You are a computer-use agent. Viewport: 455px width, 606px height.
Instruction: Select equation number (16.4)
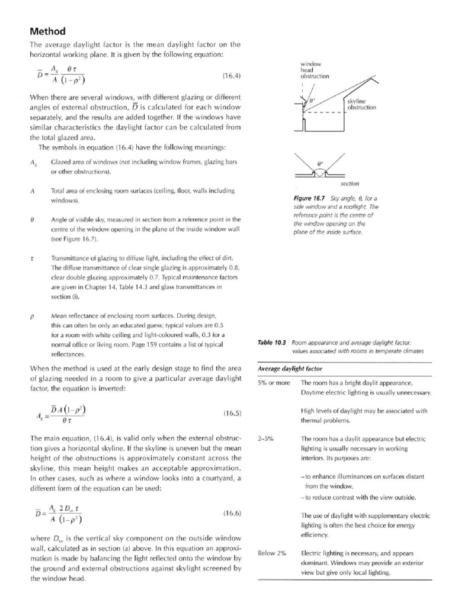tap(231, 76)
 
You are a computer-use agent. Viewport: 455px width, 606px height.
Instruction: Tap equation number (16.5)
tap(231, 413)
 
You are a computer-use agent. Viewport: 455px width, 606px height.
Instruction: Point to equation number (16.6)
tap(231, 514)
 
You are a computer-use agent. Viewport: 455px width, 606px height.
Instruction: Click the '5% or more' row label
tap(274, 383)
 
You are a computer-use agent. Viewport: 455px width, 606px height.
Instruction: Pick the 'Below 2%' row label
tap(272, 553)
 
